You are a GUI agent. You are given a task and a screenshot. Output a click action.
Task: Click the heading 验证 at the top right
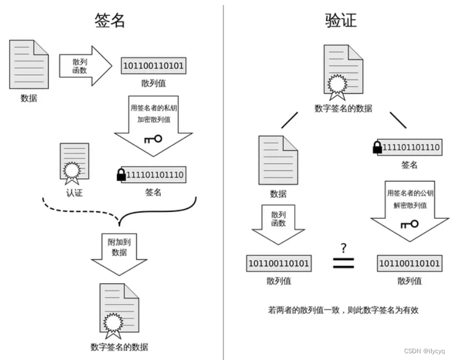341,20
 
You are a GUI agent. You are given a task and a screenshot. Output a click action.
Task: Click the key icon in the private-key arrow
153,138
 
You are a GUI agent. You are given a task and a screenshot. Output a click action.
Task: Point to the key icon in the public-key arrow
410,224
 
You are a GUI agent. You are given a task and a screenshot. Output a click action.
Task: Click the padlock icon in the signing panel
121,175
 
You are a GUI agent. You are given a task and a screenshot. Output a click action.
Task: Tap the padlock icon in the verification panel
377,147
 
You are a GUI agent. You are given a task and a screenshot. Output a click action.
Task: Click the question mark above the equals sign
344,248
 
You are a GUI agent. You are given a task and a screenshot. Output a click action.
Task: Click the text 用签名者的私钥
153,108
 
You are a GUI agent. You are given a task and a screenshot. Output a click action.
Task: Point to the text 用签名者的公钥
410,193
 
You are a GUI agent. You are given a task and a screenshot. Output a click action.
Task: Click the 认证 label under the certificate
74,193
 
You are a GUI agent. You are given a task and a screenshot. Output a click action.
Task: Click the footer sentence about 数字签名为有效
343,310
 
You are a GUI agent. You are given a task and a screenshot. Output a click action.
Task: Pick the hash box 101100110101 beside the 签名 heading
154,66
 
